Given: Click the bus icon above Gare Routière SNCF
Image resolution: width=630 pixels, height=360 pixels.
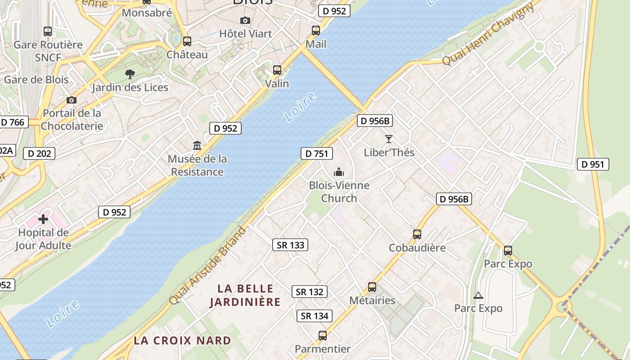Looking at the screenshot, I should [x=48, y=31].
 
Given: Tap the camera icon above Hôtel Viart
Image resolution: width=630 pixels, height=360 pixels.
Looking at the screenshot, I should [x=245, y=20].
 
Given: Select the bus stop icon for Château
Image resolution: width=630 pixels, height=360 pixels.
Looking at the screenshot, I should [x=187, y=41].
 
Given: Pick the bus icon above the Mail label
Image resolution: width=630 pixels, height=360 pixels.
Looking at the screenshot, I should [x=316, y=31].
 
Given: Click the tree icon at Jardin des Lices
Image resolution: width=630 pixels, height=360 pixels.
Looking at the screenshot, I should [x=130, y=74].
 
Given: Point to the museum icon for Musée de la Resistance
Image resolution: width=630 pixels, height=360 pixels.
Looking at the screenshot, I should [x=197, y=146].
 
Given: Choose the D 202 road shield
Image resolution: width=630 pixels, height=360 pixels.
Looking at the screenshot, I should [x=39, y=153].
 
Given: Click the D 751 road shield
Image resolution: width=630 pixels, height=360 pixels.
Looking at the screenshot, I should [x=316, y=153].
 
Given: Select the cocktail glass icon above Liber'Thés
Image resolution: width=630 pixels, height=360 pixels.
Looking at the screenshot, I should [x=389, y=139].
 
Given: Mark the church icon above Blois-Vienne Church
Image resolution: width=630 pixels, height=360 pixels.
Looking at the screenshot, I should [x=339, y=172].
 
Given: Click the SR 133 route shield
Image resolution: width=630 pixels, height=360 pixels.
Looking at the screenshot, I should [x=291, y=245].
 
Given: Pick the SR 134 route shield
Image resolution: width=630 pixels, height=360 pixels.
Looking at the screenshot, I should [x=315, y=316].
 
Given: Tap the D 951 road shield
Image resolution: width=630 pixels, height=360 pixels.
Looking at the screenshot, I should [x=593, y=164].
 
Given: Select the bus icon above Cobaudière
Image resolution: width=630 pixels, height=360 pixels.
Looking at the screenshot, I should [x=417, y=234].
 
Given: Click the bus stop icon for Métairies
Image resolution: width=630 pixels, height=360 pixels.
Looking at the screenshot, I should [x=372, y=287].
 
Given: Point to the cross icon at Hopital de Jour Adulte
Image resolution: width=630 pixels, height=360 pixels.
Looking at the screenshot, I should [x=43, y=219].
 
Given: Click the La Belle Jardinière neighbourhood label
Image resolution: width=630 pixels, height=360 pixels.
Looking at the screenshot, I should [x=245, y=295].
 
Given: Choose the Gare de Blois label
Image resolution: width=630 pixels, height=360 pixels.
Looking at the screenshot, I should [x=36, y=80].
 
